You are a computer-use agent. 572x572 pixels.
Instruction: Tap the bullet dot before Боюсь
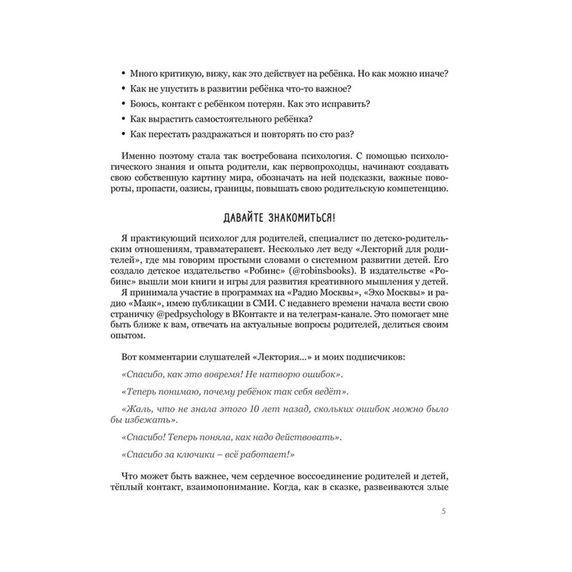coord(124,104)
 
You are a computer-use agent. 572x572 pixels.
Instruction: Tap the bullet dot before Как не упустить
coord(124,89)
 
